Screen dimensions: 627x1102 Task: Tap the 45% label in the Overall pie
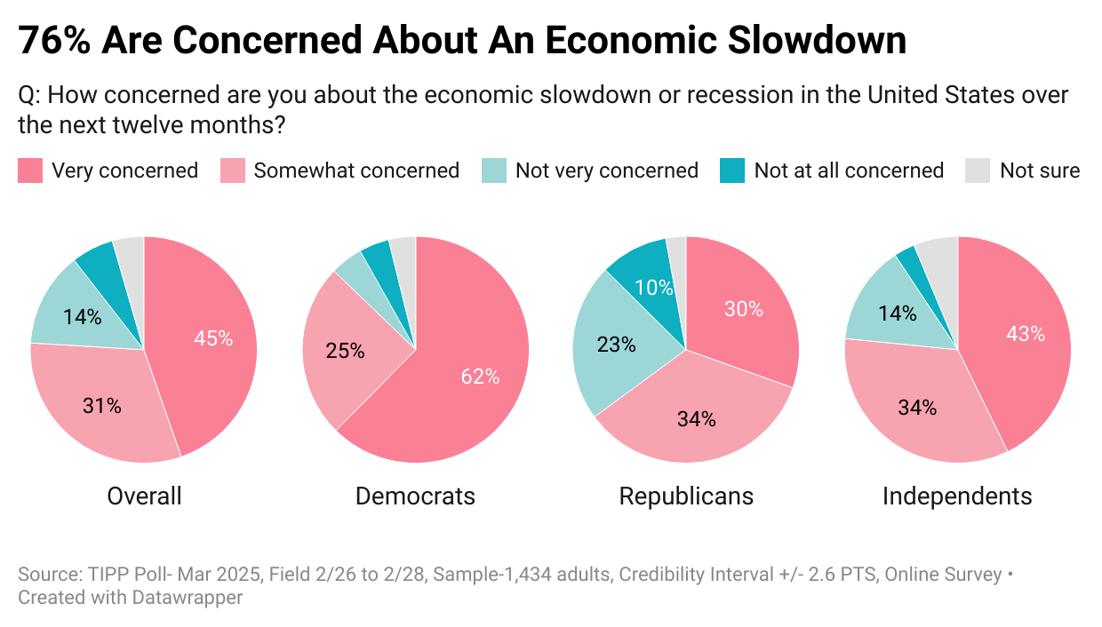tap(213, 338)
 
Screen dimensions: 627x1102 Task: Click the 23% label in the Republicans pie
tap(617, 345)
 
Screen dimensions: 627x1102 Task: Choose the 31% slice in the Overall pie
tap(103, 406)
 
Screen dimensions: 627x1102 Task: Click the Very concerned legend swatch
tap(30, 171)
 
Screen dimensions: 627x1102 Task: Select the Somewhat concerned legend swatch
tap(233, 171)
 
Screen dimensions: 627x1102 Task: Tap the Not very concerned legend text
tap(607, 171)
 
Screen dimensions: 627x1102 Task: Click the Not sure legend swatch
tap(978, 171)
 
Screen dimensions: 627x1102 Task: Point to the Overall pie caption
tap(144, 496)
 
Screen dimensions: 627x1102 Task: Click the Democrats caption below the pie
tap(415, 496)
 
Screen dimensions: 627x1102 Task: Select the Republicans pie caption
tap(686, 496)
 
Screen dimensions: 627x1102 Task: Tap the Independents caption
tap(957, 496)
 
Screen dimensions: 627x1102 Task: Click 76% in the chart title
tap(54, 41)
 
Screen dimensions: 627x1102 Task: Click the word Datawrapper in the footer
tap(187, 598)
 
